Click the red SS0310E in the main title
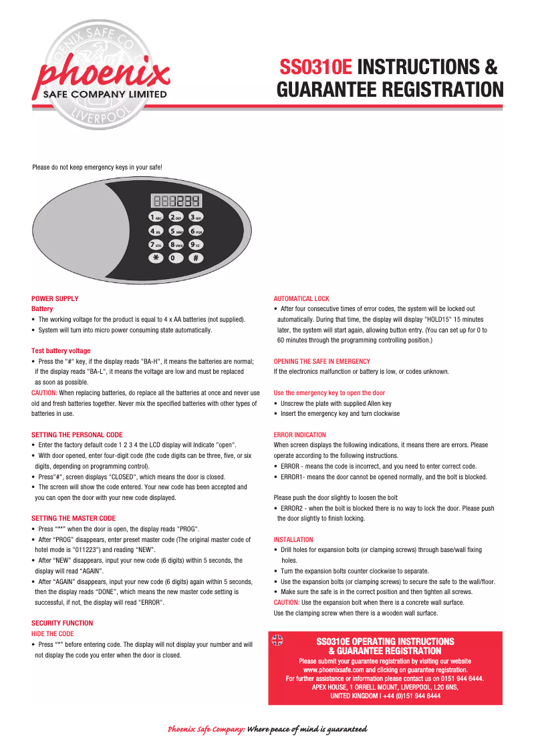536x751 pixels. point(316,67)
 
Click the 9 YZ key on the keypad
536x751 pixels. point(195,244)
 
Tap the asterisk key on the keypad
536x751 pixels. point(156,258)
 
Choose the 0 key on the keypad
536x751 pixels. point(176,258)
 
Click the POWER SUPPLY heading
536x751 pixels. point(55,298)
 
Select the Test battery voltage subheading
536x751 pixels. point(61,350)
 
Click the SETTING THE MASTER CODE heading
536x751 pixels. point(74,518)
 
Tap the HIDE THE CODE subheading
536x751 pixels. point(53,634)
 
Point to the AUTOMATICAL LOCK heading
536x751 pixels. point(301,298)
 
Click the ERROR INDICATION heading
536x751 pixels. point(300,435)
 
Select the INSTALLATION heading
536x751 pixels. point(293,539)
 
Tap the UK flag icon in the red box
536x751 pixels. point(277,640)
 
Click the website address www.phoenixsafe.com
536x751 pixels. point(333,669)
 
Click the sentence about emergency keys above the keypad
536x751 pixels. point(98,167)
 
